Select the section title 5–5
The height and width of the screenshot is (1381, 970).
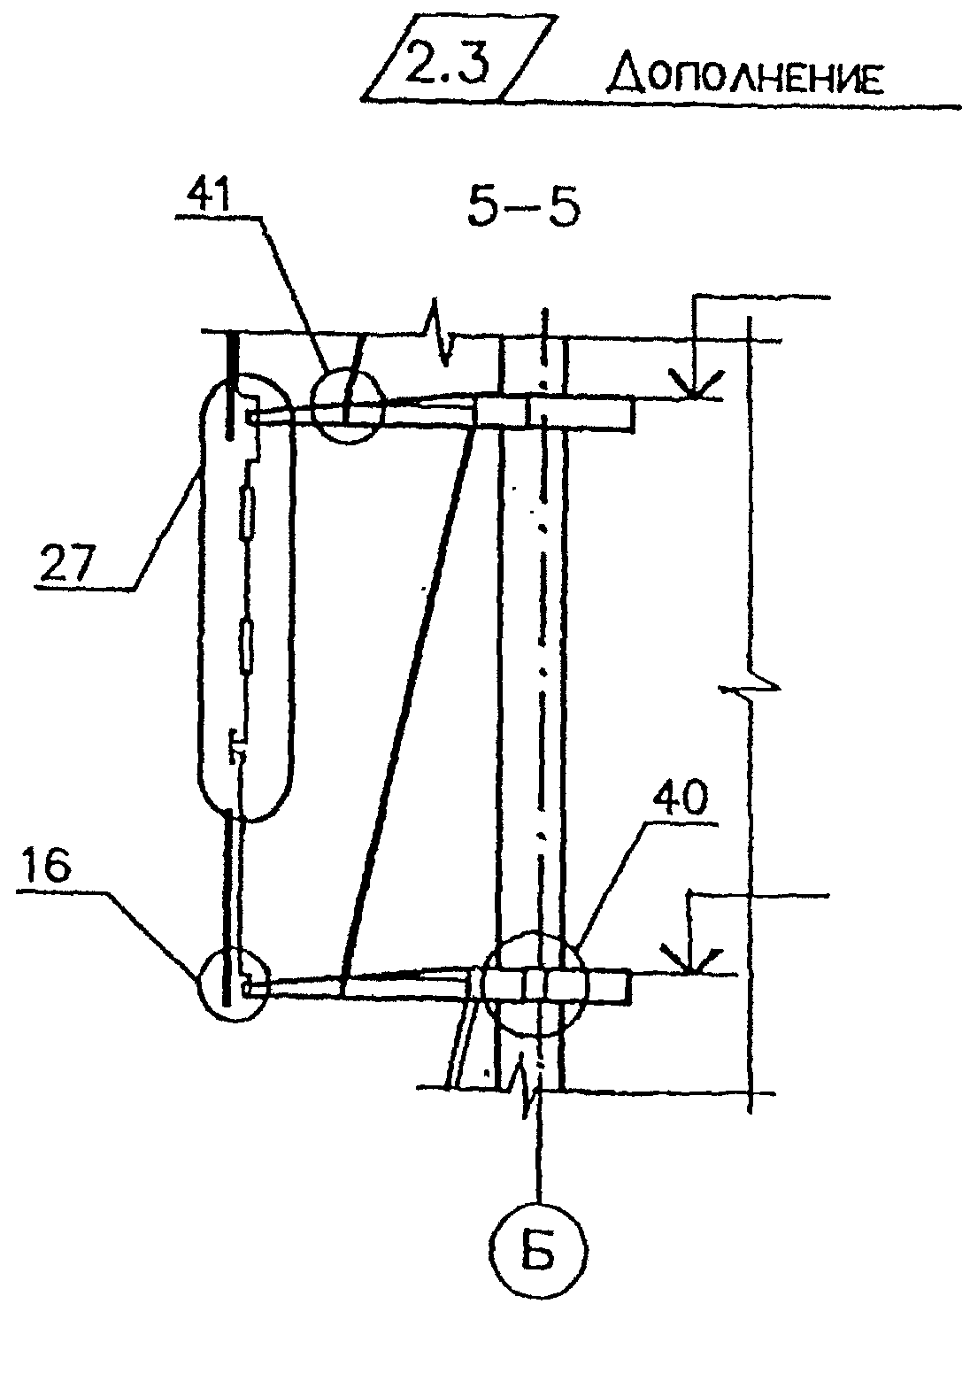click(523, 207)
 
